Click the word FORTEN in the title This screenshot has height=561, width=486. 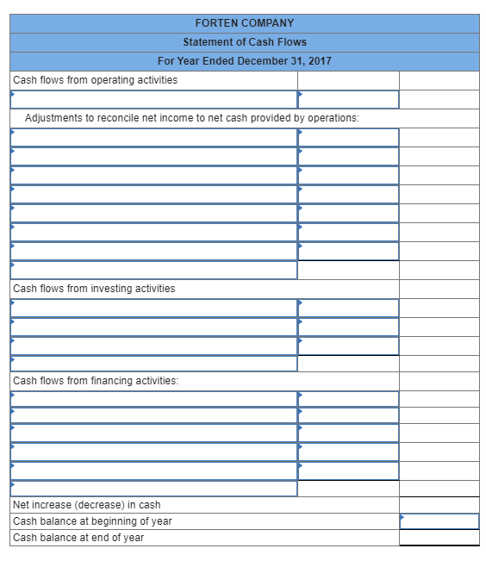[216, 23]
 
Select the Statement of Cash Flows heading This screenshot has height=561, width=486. [245, 42]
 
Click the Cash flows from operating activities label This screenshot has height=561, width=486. [96, 80]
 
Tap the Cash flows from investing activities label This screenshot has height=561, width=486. [94, 289]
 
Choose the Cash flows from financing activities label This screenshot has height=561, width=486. [96, 381]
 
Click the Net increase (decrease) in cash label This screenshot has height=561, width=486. [87, 505]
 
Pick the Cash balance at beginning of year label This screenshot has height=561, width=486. [92, 521]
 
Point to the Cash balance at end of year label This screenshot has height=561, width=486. [78, 538]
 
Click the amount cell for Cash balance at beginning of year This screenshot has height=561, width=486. [439, 521]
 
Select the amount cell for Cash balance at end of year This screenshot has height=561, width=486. [439, 538]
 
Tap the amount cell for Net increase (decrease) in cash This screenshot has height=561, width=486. [439, 505]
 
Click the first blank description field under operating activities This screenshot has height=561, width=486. [153, 100]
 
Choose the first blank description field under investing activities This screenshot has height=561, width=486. [153, 308]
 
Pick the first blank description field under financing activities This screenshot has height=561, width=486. [153, 399]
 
